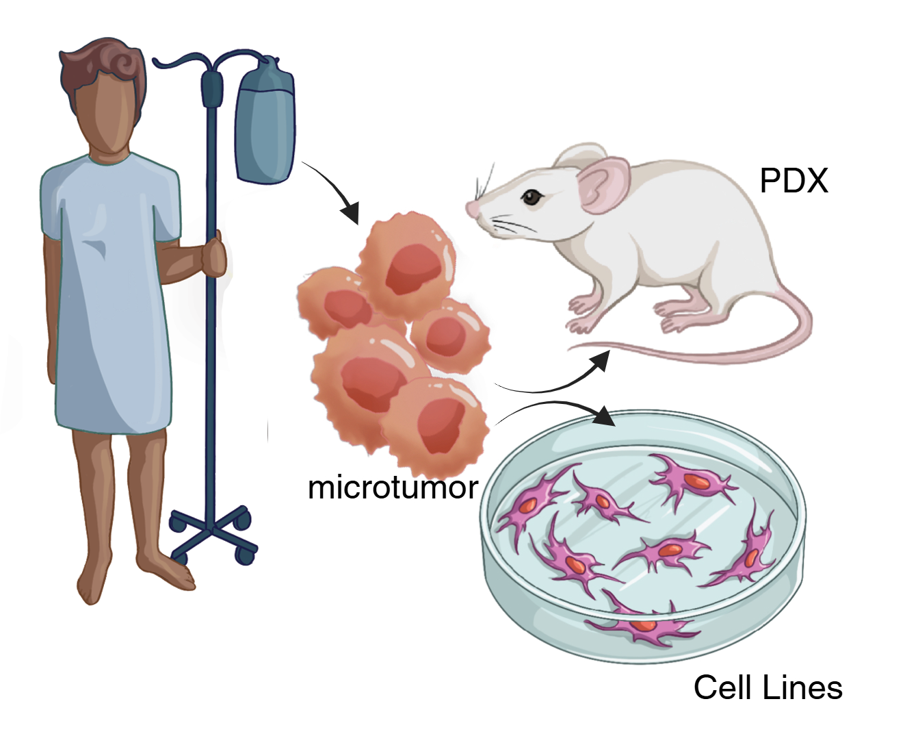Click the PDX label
click(x=793, y=181)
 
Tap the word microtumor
click(x=393, y=488)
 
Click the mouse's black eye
click(x=531, y=197)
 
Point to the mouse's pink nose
click(x=471, y=209)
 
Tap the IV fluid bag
click(x=265, y=123)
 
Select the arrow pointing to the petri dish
click(x=552, y=404)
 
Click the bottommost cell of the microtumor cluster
click(x=436, y=425)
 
